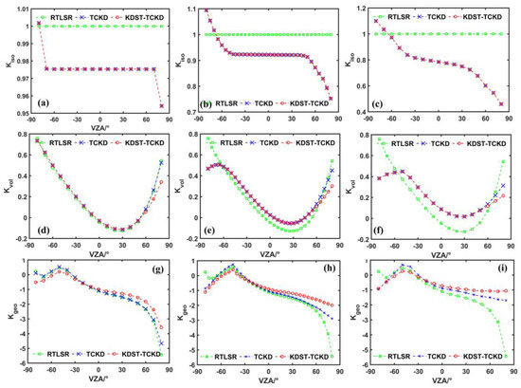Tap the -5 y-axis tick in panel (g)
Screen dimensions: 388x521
click(x=26, y=353)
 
